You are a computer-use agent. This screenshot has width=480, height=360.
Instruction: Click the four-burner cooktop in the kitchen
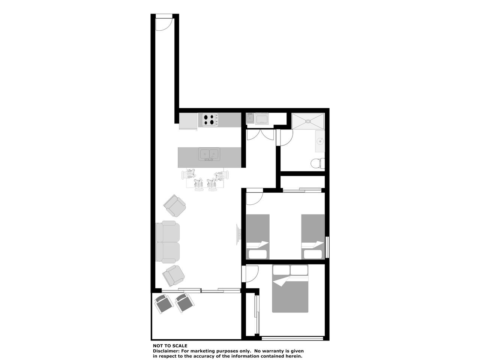pos(210,120)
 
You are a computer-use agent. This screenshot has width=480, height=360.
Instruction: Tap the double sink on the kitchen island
pos(209,154)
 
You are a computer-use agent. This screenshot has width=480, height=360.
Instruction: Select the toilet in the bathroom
pos(318,163)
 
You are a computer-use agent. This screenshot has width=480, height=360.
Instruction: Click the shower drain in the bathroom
pos(308,121)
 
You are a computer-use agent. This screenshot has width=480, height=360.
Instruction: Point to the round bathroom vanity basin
pos(320,142)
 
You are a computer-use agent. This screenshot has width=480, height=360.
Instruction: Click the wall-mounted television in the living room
pos(238,234)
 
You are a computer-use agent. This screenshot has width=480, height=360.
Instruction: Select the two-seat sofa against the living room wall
pos(168,242)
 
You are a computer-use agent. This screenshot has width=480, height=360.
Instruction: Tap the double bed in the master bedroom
pos(290,288)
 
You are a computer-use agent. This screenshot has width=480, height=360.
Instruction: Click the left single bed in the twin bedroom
pos(258,237)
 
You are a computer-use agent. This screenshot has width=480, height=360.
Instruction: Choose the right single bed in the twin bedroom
pos(313,237)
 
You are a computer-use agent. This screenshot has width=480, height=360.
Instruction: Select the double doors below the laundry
pos(260,135)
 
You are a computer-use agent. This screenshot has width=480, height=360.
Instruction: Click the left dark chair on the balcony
pos(164,304)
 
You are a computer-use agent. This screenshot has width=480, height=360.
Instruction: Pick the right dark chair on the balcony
pos(184,303)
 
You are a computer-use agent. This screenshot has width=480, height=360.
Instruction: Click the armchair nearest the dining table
pos(175,205)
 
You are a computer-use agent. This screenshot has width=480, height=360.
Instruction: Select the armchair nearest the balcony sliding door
pos(173,276)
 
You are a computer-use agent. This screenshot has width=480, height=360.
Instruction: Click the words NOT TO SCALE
pos(170,346)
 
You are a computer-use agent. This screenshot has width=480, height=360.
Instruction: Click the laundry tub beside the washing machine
pos(250,118)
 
